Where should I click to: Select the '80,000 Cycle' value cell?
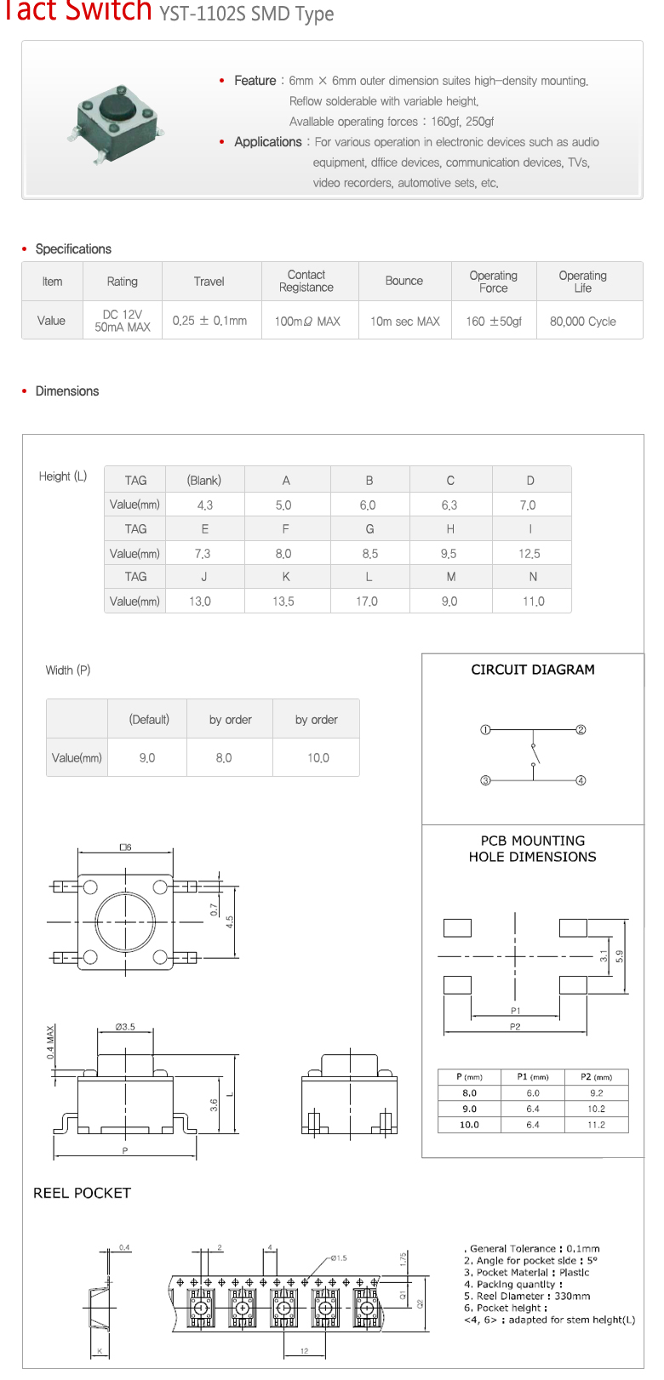click(582, 322)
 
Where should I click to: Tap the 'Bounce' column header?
click(404, 281)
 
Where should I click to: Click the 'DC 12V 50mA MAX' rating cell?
click(123, 321)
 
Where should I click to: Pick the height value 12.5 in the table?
click(529, 554)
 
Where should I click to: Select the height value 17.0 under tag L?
click(367, 602)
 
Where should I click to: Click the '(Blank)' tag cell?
click(203, 481)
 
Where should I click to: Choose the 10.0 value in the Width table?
click(318, 758)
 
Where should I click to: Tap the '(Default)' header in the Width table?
click(149, 720)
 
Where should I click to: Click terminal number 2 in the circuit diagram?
click(581, 730)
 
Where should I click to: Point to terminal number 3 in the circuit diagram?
click(485, 780)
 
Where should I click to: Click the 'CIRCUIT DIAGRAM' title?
click(533, 670)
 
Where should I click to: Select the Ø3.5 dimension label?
click(125, 1027)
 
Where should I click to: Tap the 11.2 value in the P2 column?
click(596, 1125)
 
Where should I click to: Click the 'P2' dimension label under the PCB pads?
click(515, 1027)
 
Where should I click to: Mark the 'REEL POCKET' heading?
click(82, 1193)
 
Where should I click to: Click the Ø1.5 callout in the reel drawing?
click(338, 1257)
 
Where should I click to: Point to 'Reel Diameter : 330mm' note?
click(527, 1297)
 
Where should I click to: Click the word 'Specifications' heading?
click(73, 249)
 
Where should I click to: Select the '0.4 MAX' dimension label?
click(50, 1041)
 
